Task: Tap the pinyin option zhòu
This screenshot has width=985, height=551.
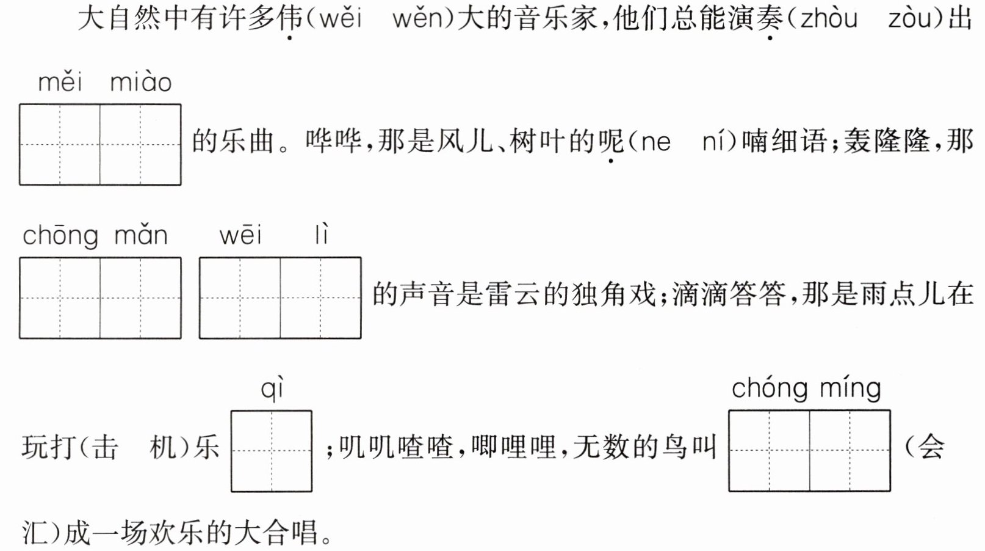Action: [x=828, y=20]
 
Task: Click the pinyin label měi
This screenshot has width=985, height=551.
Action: [x=60, y=82]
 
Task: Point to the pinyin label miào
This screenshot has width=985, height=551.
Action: [x=140, y=82]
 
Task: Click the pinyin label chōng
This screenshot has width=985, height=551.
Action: [x=60, y=236]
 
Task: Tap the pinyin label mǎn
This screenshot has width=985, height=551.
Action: [x=140, y=235]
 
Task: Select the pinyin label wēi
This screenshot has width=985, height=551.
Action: [x=240, y=235]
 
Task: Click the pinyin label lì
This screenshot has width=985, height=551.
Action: [x=322, y=235]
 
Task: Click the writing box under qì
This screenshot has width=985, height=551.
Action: [x=272, y=451]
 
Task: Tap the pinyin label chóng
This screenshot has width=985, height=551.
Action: [x=769, y=389]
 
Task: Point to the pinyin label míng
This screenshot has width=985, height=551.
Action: [x=850, y=389]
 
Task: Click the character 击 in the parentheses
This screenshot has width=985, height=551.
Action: [x=105, y=448]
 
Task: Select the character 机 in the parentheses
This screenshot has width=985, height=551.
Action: [x=164, y=448]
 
